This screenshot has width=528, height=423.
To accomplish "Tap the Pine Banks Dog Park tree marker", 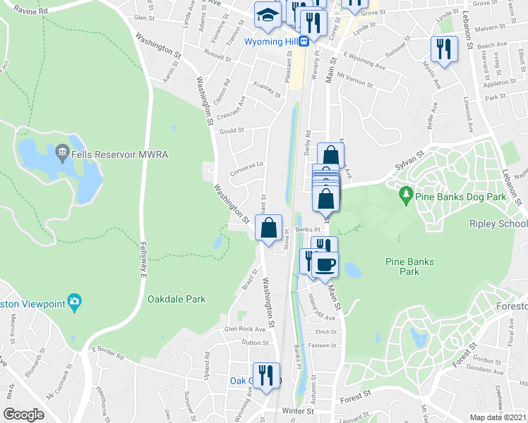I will (406, 192).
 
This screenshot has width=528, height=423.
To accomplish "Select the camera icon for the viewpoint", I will (75, 303).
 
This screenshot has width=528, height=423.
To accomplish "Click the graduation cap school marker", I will (268, 16).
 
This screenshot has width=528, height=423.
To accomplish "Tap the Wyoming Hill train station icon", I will (304, 41).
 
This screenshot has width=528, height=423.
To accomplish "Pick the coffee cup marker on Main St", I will (325, 265).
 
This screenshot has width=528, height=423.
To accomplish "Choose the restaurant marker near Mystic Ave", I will (443, 49).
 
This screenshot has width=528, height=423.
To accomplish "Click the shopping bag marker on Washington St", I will (268, 228).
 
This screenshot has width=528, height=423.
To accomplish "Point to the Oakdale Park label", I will (176, 299).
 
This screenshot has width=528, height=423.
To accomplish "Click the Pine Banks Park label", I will (409, 266).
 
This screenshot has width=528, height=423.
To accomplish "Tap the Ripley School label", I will (498, 223).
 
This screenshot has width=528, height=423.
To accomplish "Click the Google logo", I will (23, 414).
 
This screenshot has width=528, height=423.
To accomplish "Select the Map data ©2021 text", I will (498, 417).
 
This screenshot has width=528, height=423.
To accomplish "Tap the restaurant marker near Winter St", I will (266, 374).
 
